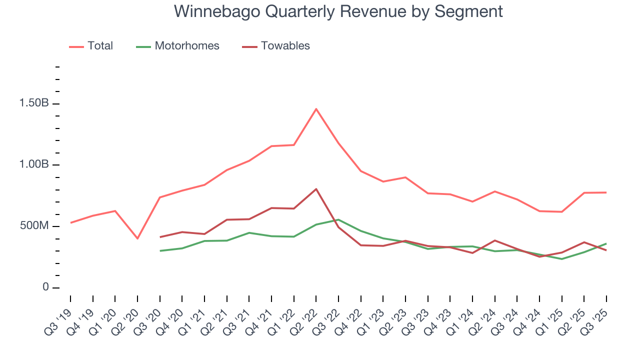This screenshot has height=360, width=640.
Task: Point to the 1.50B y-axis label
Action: (34, 103)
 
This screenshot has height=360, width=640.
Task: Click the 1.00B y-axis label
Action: (34, 165)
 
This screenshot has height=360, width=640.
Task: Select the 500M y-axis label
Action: (34, 226)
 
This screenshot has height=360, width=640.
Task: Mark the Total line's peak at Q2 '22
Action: (316, 109)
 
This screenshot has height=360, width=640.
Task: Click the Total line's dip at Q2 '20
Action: (137, 238)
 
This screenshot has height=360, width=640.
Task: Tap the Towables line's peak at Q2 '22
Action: (316, 189)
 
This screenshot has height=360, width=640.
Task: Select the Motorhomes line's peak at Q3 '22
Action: (338, 219)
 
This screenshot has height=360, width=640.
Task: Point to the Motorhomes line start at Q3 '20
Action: (160, 251)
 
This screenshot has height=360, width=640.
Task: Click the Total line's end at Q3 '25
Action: (606, 192)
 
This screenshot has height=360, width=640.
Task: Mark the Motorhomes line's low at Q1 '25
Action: (561, 259)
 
